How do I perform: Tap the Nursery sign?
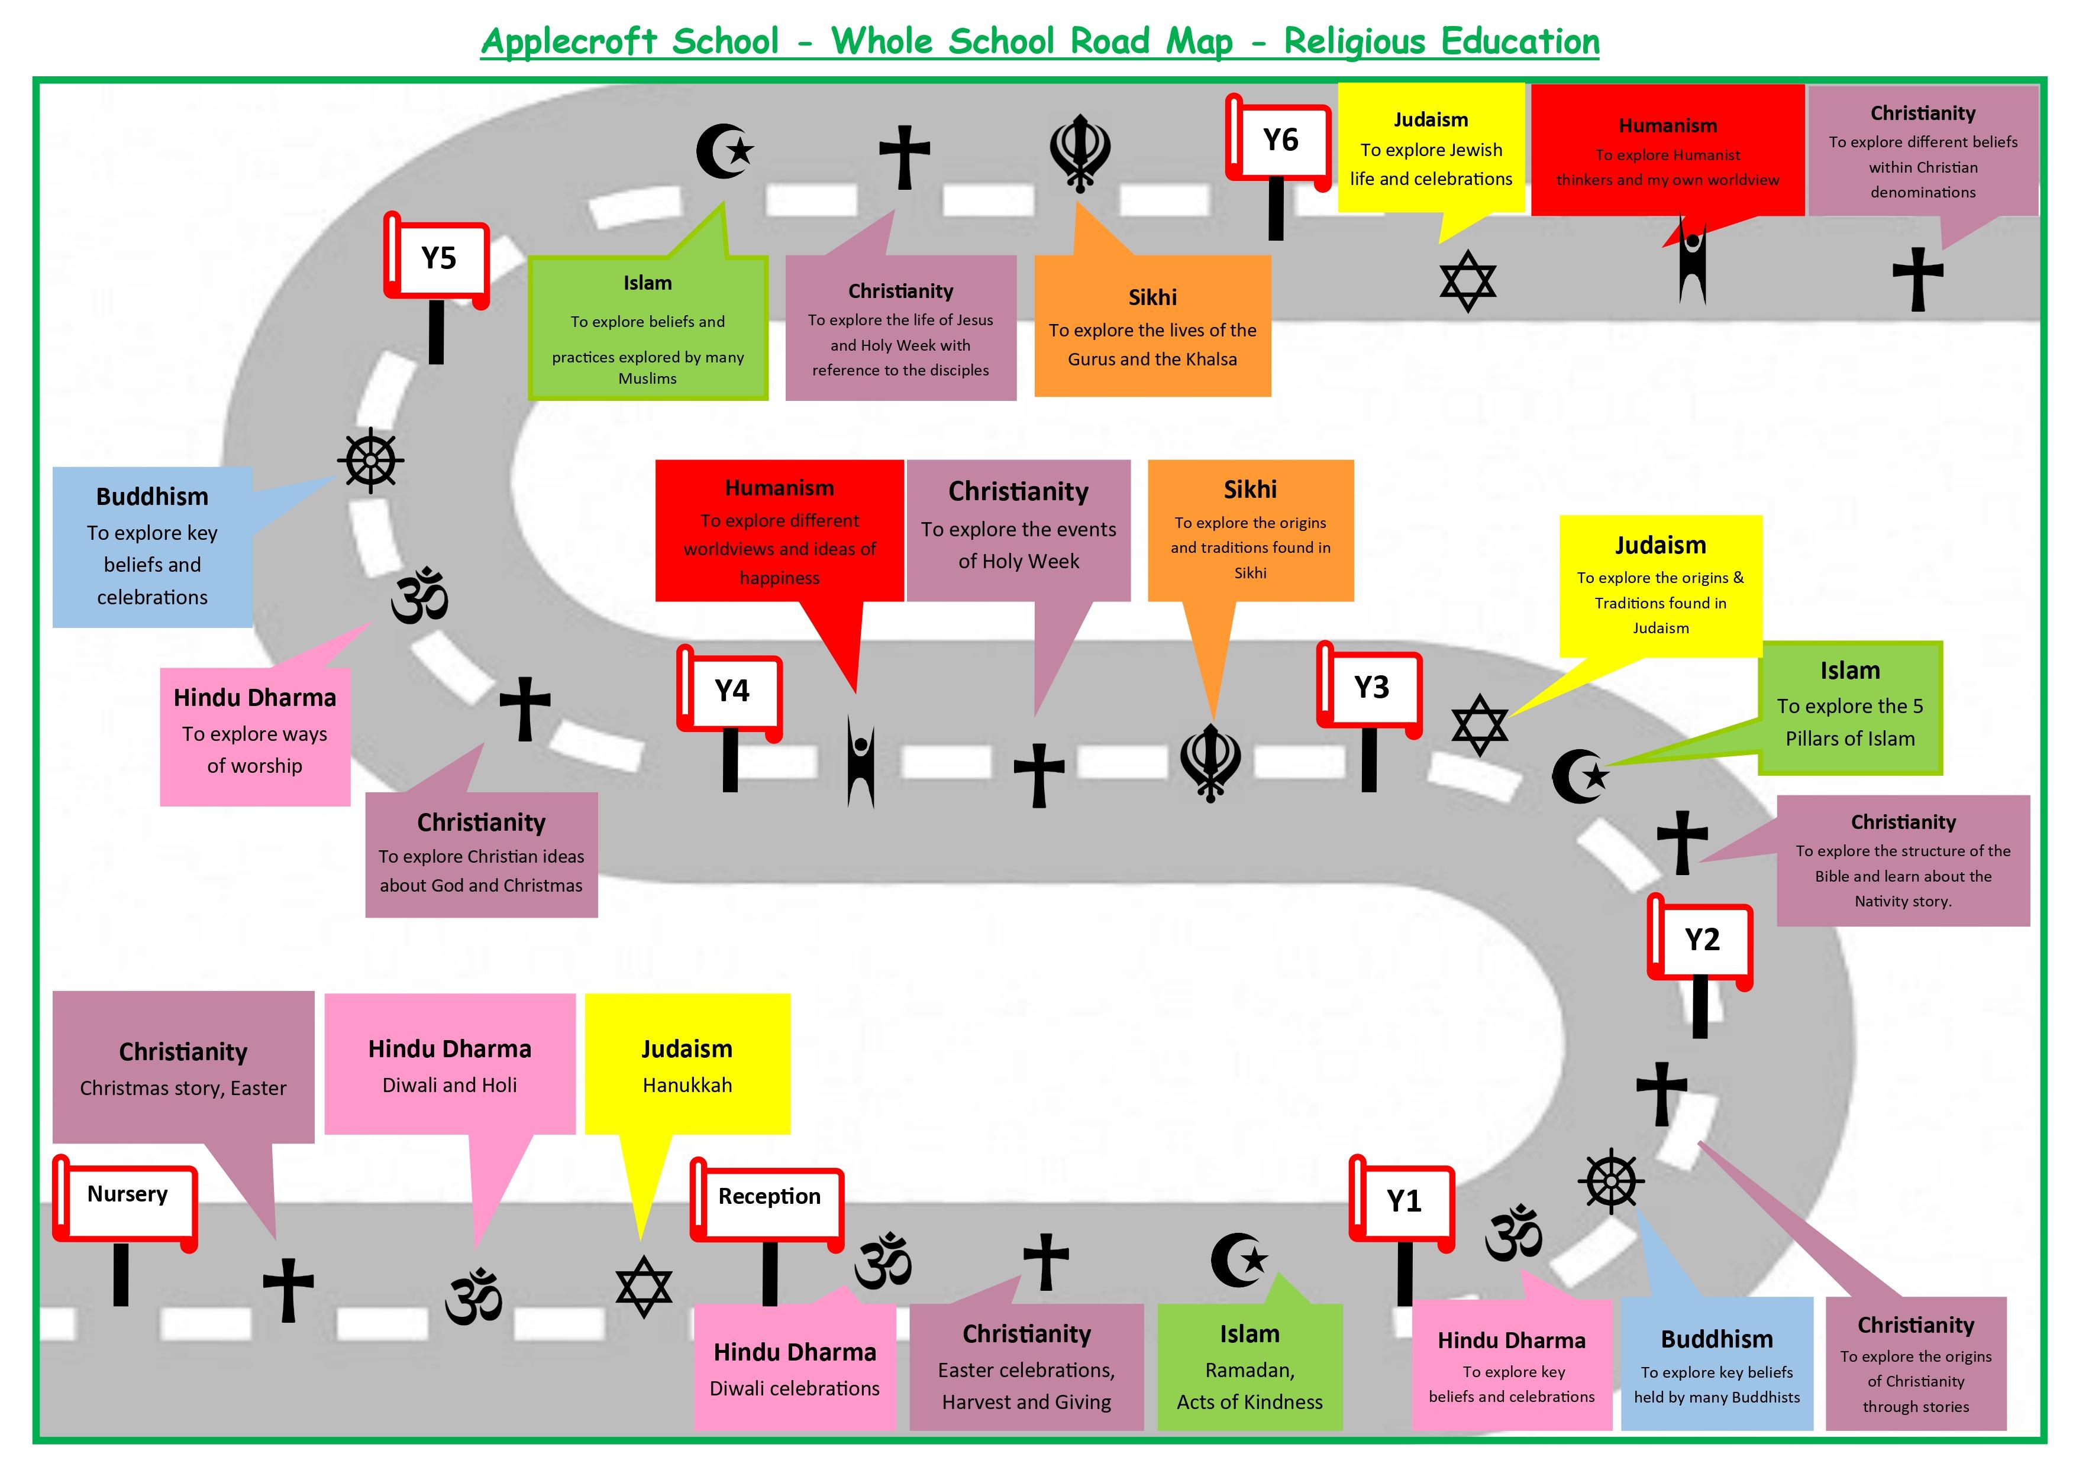127,1195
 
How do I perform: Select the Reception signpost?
769,1197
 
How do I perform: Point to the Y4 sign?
731,691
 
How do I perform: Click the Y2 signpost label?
1702,940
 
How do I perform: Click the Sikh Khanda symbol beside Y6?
1080,152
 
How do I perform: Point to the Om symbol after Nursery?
473,1298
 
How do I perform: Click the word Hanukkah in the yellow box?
687,1086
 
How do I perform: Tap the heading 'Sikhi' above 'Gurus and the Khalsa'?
1152,297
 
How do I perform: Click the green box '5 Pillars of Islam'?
1850,708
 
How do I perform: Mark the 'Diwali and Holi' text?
450,1086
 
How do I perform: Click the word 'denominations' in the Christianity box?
1922,193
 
